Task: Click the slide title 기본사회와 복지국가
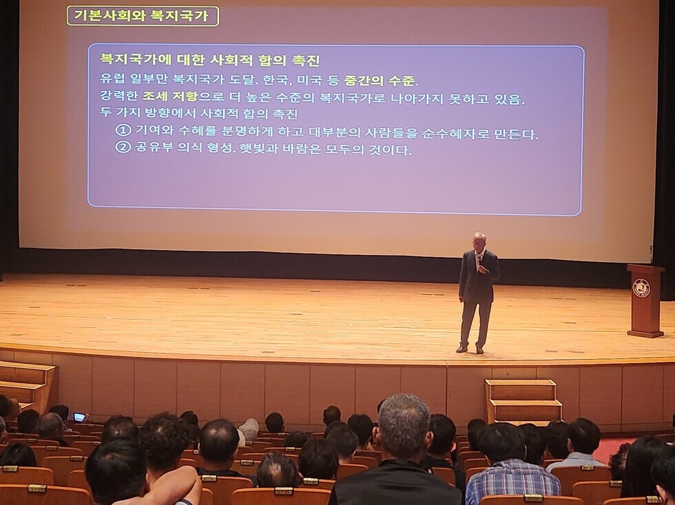click(141, 16)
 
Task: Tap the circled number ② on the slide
click(123, 147)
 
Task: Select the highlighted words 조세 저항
click(170, 96)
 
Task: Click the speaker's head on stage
click(478, 242)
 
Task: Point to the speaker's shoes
click(470, 349)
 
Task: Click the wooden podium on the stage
click(645, 300)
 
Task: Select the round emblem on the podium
click(640, 287)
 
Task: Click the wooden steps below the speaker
click(522, 400)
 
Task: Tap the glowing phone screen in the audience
click(79, 417)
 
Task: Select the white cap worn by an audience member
click(249, 429)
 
